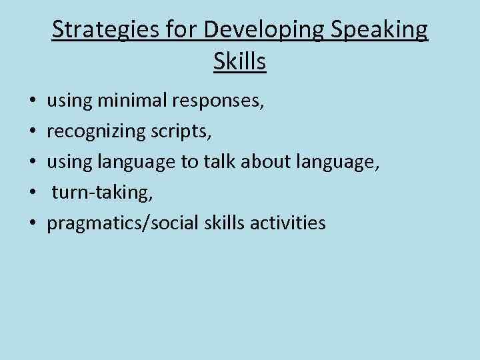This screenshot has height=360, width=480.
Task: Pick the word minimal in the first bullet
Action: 133,102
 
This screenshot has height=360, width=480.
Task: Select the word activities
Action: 288,223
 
